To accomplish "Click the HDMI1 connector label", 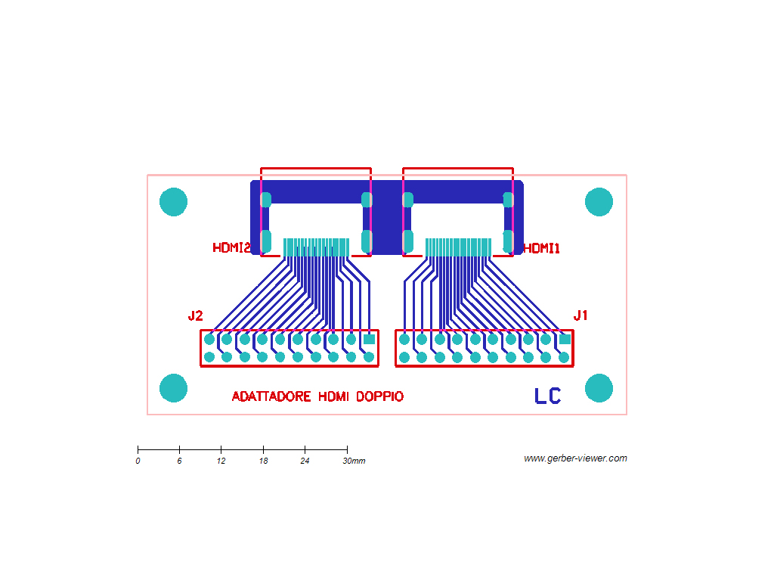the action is point(541,248).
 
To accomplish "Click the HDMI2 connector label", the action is point(231,247).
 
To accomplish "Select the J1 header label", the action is point(580,315).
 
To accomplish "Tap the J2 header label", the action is point(196,315).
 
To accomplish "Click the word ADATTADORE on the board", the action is point(271,396).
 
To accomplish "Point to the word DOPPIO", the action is point(379,396).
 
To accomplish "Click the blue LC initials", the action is point(547,396).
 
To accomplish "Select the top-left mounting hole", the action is point(173,201).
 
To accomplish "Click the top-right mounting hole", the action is point(599,201).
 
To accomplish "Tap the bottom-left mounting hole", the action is point(173,388).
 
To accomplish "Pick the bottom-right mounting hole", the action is point(599,388).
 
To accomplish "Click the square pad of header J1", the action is point(565,340).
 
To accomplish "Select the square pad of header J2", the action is point(369,340).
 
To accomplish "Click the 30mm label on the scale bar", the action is point(354,461).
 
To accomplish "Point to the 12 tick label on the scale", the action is point(221,461).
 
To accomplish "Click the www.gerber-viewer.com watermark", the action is point(575,458).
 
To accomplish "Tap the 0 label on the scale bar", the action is point(138,461).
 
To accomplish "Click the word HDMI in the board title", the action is point(333,396).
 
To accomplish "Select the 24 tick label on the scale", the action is point(305,461).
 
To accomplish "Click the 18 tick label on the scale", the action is point(263,461).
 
